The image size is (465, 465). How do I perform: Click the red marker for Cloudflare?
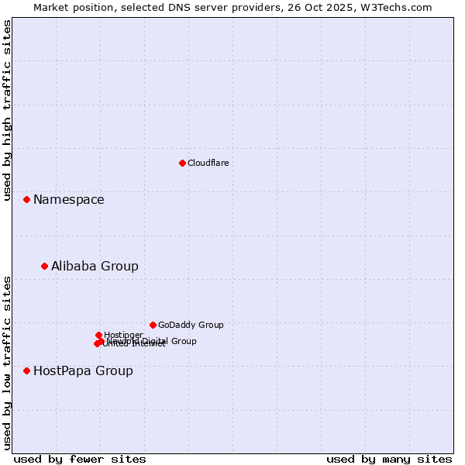click(182, 163)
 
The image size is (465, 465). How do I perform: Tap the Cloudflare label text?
click(208, 163)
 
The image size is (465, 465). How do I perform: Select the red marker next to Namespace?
click(26, 199)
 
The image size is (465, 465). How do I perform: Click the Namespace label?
click(68, 200)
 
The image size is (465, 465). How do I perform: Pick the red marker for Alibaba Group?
click(44, 266)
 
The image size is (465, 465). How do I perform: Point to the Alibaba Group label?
click(95, 267)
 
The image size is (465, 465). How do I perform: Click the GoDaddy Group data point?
click(153, 325)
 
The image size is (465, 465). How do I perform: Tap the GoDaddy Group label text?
click(191, 325)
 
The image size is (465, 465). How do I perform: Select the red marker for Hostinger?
click(98, 335)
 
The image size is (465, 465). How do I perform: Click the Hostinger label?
click(123, 335)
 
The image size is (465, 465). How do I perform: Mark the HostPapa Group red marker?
click(26, 370)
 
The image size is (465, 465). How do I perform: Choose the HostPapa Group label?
click(83, 371)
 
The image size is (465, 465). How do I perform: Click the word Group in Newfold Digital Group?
click(184, 341)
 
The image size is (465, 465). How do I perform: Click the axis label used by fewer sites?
click(80, 459)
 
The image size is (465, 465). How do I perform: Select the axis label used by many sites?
click(389, 459)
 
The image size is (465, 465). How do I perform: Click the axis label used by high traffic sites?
click(7, 110)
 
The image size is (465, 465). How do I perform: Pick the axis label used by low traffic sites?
click(7, 362)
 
